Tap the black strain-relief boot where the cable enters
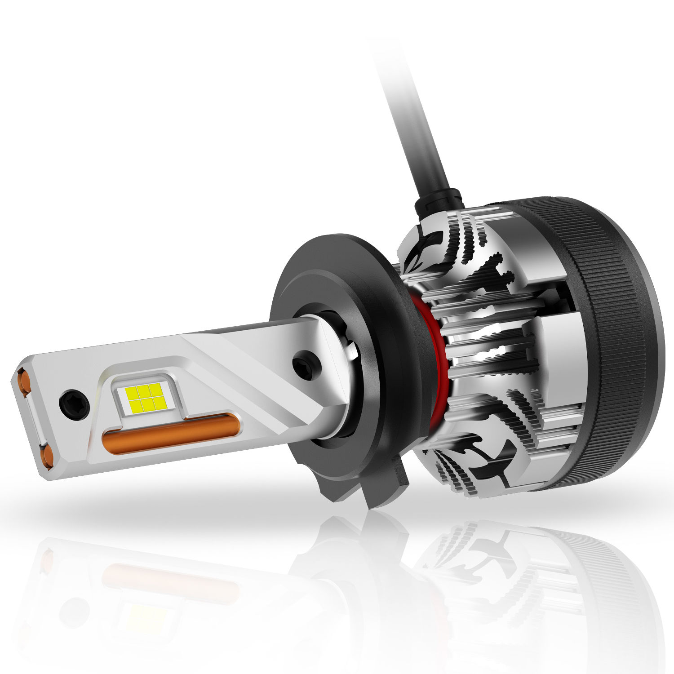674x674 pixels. click(438, 200)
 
